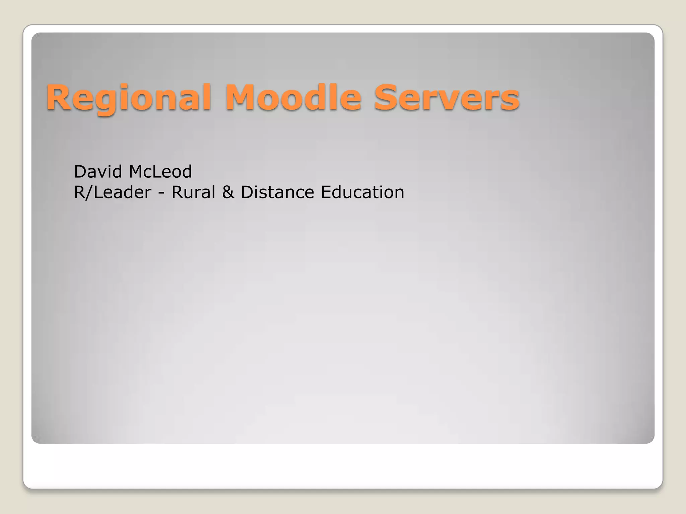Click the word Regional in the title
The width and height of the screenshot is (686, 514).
click(129, 98)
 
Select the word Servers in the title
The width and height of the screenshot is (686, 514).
click(447, 98)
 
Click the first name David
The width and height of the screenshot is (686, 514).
click(98, 172)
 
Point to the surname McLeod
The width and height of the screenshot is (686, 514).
click(160, 172)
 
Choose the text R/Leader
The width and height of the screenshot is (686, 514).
click(113, 192)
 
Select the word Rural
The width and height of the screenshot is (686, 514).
click(193, 192)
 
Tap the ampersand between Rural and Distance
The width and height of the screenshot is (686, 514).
click(228, 192)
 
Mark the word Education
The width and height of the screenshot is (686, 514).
click(362, 192)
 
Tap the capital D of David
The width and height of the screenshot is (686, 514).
click(80, 172)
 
